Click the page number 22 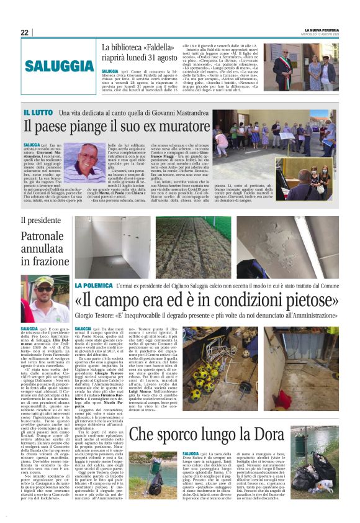click(x=25, y=32)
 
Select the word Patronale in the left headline click(x=42, y=236)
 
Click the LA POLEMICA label click(x=94, y=284)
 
